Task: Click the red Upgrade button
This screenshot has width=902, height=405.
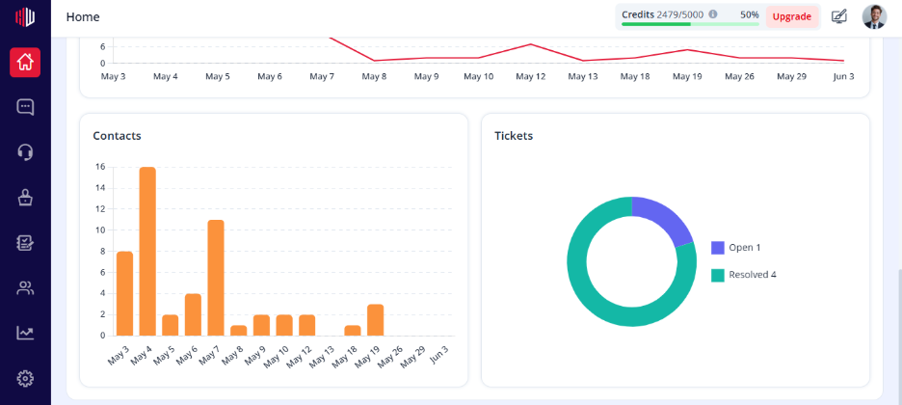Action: point(792,16)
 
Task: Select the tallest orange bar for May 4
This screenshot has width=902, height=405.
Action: point(147,252)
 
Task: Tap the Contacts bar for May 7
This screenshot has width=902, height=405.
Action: point(216,278)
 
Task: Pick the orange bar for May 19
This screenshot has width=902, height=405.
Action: point(375,320)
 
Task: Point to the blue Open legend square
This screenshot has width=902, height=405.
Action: point(717,248)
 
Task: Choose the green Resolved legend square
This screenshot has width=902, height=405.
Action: point(717,275)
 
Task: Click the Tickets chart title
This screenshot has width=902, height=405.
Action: point(514,136)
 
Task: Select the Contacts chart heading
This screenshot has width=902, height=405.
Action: point(117,136)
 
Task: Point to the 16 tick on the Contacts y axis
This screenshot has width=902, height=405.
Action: point(100,167)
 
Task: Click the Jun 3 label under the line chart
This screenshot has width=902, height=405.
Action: point(843,76)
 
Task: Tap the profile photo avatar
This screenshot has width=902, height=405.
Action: point(874,16)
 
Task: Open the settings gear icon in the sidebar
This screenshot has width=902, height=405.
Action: point(25,379)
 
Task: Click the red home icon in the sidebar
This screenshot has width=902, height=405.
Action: point(25,62)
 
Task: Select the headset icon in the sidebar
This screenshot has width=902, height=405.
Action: point(25,152)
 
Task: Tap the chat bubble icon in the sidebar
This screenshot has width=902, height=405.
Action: point(25,107)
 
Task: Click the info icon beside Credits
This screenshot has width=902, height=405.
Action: point(713,14)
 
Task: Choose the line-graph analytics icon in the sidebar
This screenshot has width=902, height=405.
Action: point(25,333)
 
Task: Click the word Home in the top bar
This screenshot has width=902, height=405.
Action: point(83,16)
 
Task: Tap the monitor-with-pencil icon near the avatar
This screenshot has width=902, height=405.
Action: point(839,16)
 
